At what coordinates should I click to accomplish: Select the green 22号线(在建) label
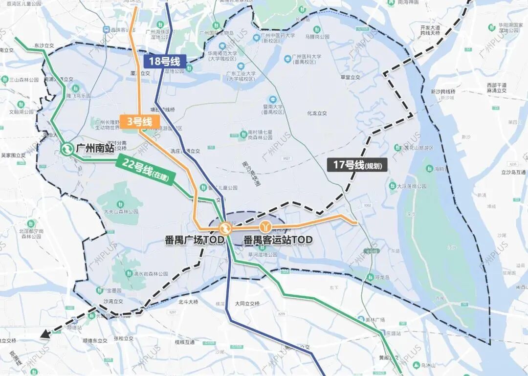(x=145, y=171)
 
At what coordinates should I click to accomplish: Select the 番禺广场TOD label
(x=194, y=240)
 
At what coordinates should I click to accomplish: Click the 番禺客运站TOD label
(x=278, y=240)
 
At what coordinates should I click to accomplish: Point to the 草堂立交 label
(x=350, y=77)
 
